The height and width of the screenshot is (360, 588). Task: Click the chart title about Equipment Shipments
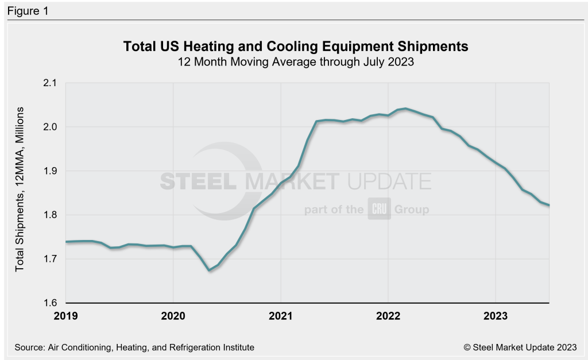296,47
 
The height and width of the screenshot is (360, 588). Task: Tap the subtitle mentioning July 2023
296,62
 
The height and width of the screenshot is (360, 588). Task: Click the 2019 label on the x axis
66,315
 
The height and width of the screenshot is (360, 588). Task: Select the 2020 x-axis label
173,315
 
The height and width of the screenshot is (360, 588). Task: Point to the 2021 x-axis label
280,315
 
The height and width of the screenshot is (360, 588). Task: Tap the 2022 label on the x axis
388,315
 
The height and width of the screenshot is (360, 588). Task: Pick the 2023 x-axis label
495,315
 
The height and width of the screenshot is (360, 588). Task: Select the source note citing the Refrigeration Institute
134,347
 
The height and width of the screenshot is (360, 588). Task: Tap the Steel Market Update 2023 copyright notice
519,347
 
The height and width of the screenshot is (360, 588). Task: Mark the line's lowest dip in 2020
209,270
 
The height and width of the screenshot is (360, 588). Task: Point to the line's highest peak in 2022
406,108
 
